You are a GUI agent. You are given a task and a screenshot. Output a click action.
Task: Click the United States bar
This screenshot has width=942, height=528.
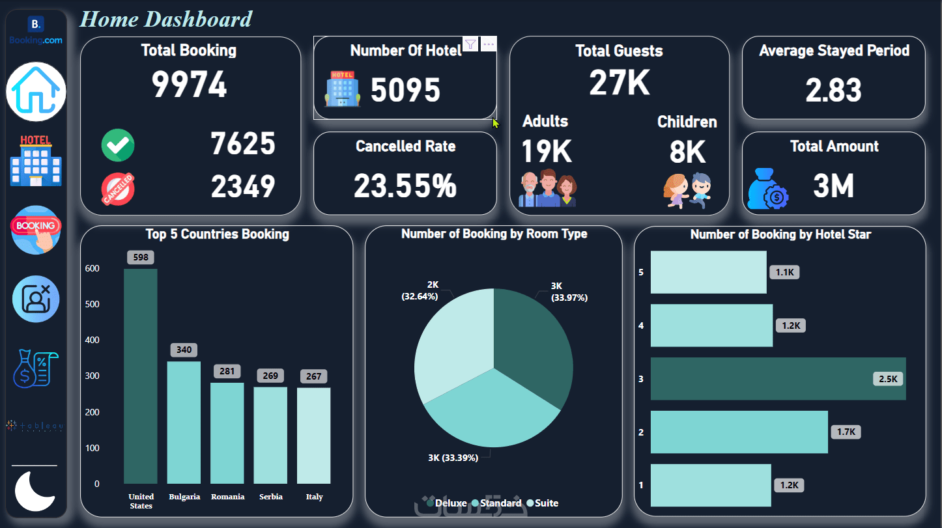click(x=141, y=376)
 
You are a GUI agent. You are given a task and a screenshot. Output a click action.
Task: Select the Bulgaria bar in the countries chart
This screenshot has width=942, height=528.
click(x=184, y=423)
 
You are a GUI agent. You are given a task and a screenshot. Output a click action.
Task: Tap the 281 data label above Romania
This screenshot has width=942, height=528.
click(x=227, y=372)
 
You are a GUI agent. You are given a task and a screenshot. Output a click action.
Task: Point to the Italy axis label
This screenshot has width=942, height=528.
click(x=314, y=497)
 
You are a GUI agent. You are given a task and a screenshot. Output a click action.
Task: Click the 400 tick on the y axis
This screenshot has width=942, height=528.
click(x=92, y=340)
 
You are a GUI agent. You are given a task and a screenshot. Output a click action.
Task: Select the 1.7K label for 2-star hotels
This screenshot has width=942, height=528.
click(x=846, y=431)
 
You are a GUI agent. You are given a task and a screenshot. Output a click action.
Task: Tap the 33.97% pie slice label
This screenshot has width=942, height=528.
click(x=569, y=298)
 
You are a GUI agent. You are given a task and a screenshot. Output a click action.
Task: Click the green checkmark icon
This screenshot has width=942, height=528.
click(x=118, y=145)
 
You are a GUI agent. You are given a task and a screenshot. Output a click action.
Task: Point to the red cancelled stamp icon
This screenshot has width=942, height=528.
click(x=118, y=189)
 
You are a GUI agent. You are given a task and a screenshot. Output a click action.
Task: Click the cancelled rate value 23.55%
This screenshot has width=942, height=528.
click(x=405, y=186)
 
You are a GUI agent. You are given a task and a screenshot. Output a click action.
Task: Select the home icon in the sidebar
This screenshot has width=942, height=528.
click(x=36, y=92)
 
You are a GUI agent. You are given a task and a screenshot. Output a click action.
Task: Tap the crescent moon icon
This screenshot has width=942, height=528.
click(x=35, y=492)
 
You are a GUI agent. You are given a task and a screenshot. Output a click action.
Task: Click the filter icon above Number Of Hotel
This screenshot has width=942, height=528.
click(x=470, y=44)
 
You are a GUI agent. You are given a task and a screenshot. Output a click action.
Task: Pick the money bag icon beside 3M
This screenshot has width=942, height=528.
click(x=768, y=188)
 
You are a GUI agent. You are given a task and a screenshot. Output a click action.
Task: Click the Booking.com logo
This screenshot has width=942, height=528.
click(x=36, y=31)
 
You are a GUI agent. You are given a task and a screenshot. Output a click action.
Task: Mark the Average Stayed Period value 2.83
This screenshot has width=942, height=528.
click(x=833, y=90)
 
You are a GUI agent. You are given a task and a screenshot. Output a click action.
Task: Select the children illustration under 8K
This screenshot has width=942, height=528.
click(x=688, y=190)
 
